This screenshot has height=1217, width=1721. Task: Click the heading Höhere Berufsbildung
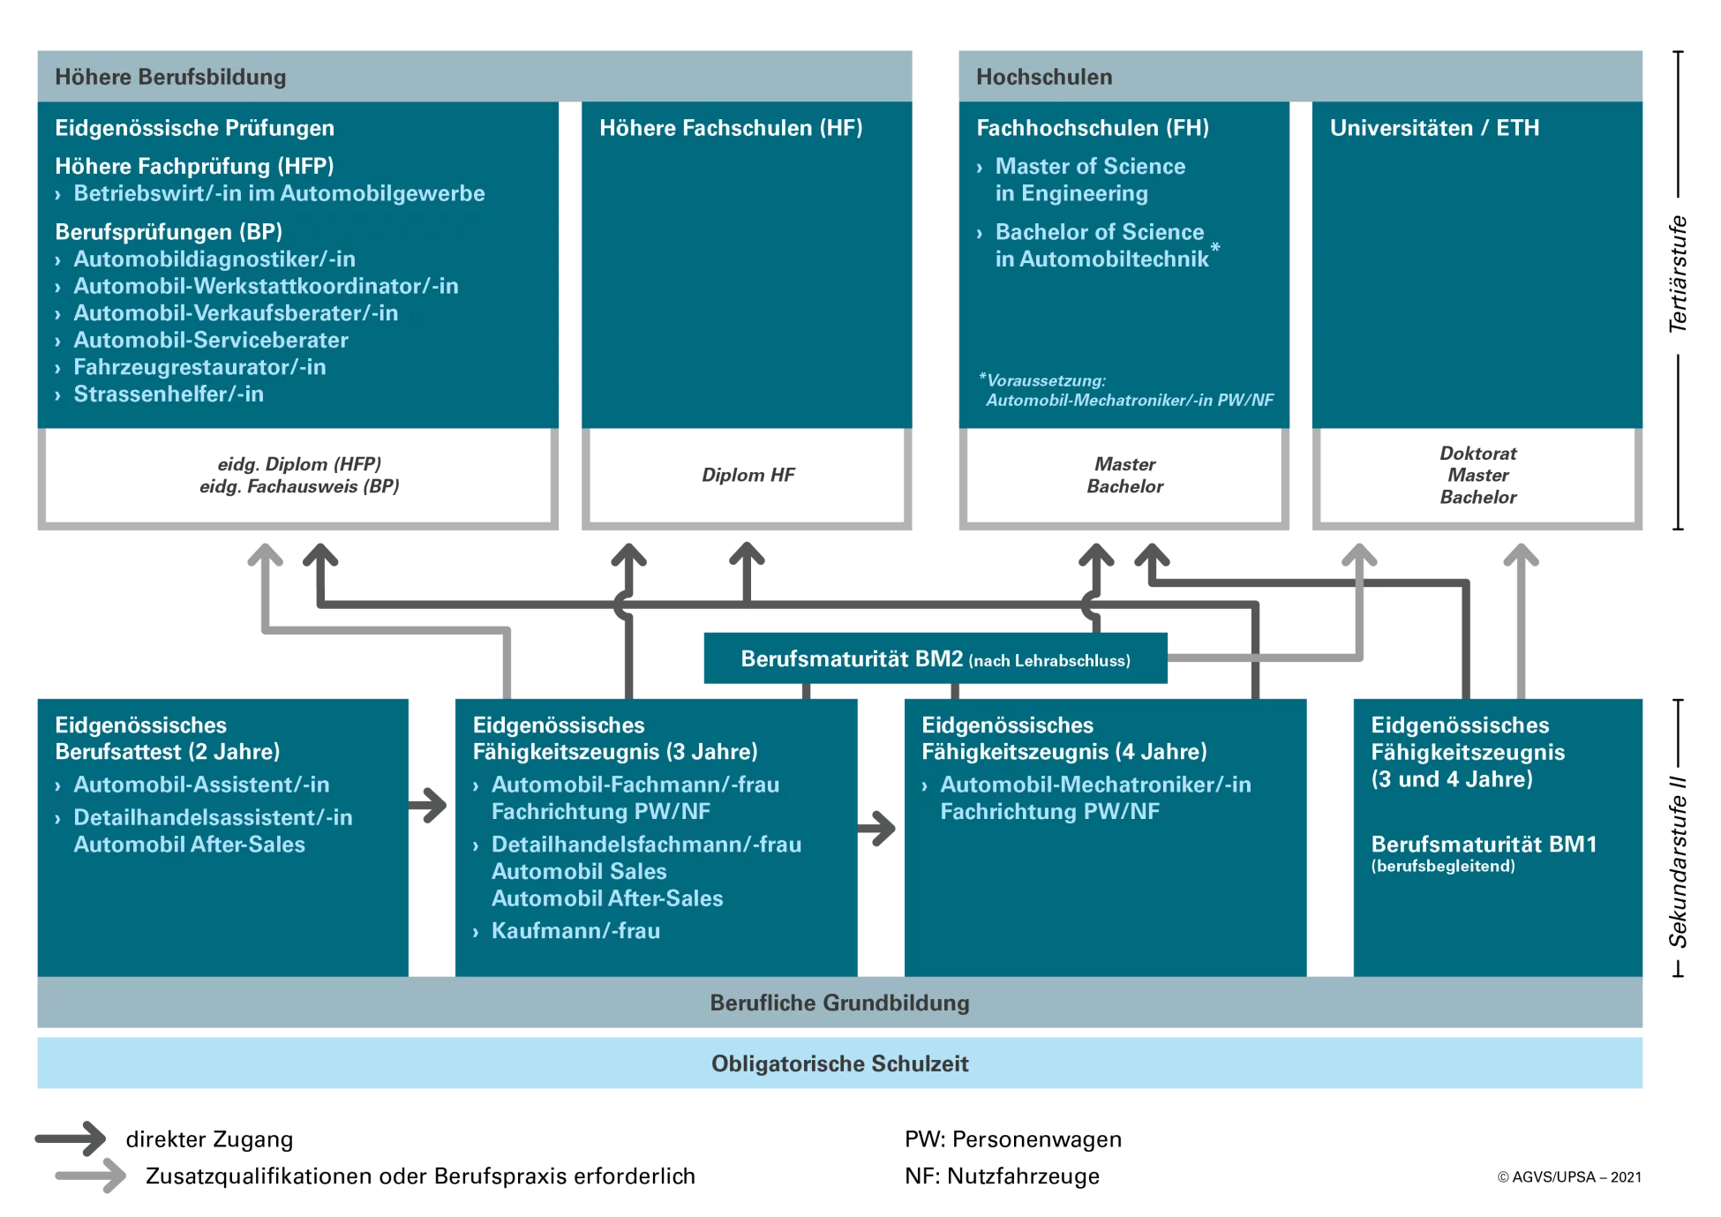click(x=170, y=77)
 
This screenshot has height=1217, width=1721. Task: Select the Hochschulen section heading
click(x=1043, y=77)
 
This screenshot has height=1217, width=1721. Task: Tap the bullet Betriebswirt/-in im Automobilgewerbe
click(x=278, y=193)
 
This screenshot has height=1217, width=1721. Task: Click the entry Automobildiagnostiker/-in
click(x=214, y=259)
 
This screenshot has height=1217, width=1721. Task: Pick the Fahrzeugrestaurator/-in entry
click(x=199, y=367)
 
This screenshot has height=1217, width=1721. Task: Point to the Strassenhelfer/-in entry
click(x=168, y=394)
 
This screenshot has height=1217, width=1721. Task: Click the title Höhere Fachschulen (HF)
click(x=731, y=128)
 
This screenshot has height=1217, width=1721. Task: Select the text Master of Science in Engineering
click(x=1089, y=179)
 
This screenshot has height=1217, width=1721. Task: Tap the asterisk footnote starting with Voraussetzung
click(x=1128, y=390)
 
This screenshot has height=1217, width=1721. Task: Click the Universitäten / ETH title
click(x=1434, y=128)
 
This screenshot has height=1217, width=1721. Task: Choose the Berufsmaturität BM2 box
click(x=934, y=659)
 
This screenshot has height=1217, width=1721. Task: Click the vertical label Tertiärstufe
click(x=1677, y=275)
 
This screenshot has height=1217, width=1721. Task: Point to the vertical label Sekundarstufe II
click(x=1677, y=862)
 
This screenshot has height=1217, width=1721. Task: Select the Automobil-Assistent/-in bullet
click(x=201, y=785)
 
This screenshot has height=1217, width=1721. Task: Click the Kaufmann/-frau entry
click(x=575, y=931)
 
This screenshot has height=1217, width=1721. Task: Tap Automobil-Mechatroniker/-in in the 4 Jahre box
click(x=1094, y=785)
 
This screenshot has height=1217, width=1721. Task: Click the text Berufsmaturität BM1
click(x=1483, y=845)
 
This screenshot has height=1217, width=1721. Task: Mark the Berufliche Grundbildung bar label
click(x=839, y=1003)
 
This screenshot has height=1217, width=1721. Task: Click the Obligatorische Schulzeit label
click(x=839, y=1064)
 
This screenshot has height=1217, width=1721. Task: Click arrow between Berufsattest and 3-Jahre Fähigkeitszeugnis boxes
click(x=431, y=804)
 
